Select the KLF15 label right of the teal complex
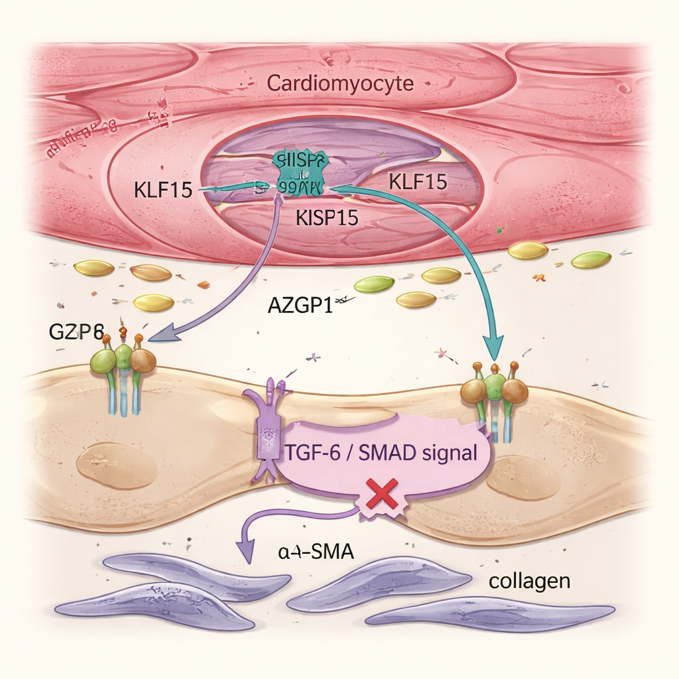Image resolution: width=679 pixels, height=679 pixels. pos(417,182)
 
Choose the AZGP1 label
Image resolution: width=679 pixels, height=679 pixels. pos(300,306)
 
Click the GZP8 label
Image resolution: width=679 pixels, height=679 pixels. pos(78,332)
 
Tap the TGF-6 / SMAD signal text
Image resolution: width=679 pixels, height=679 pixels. pos(381,454)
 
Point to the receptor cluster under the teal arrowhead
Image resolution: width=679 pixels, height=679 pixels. pos(494,395)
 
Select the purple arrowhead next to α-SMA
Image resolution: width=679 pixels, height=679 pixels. pos(246,552)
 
